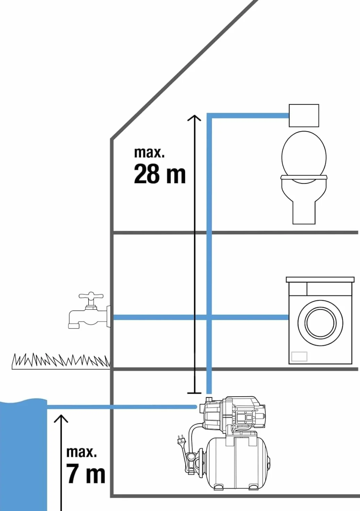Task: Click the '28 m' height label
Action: [159, 174]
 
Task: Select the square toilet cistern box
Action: [304, 115]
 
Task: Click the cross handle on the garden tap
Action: [91, 296]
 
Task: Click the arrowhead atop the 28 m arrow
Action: [194, 118]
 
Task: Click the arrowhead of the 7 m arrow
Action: [61, 419]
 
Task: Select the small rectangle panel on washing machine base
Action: [299, 356]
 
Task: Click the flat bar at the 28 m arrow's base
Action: [194, 393]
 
